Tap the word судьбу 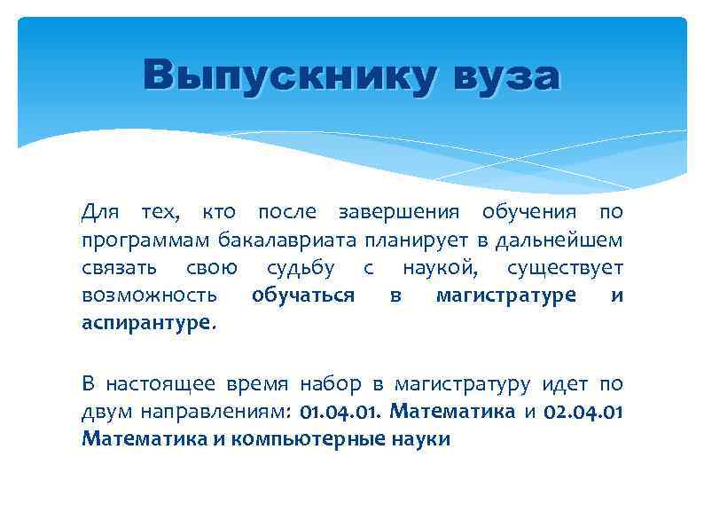click(x=301, y=267)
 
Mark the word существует click(x=565, y=267)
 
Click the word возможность click(x=149, y=295)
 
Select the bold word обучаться click(x=303, y=295)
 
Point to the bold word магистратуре click(x=505, y=295)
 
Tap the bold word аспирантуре click(x=147, y=322)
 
